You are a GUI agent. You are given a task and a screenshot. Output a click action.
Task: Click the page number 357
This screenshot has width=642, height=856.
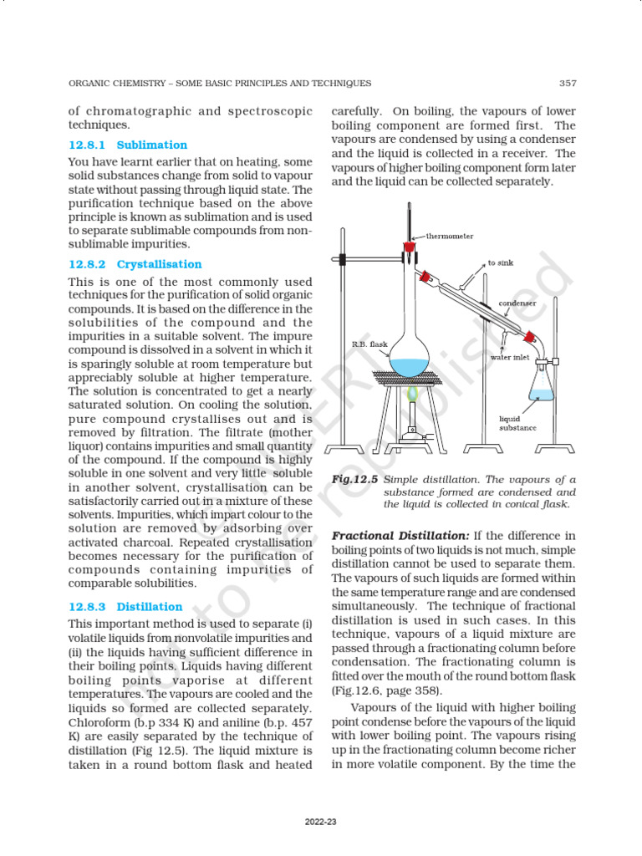pos(567,83)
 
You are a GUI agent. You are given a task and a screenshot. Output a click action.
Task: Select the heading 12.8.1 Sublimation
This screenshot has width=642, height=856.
pos(128,145)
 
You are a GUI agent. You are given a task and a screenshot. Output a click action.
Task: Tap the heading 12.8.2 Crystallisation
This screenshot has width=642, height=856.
pos(135,264)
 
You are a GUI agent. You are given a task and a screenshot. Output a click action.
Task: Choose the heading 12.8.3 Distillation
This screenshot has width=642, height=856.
pos(125,607)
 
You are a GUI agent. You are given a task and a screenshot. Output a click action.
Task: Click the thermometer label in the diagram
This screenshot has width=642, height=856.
pos(451,237)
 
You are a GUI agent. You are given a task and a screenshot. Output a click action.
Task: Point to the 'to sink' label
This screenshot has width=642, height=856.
pos(501,262)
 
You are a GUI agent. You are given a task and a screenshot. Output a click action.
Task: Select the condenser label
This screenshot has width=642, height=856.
pos(517,303)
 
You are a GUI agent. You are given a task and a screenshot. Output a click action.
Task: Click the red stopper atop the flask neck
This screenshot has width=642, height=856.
pos(409,247)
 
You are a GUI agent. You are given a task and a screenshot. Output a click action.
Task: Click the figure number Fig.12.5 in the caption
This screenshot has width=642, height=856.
pos(355,480)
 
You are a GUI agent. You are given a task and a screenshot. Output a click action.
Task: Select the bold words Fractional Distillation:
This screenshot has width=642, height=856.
pos(400,535)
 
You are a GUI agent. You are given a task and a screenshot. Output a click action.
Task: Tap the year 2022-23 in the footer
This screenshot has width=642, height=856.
pos(320,823)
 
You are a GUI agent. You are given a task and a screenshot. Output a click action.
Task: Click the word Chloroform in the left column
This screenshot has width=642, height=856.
pos(98,721)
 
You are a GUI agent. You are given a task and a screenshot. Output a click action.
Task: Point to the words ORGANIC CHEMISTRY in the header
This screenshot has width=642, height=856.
pos(111,83)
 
